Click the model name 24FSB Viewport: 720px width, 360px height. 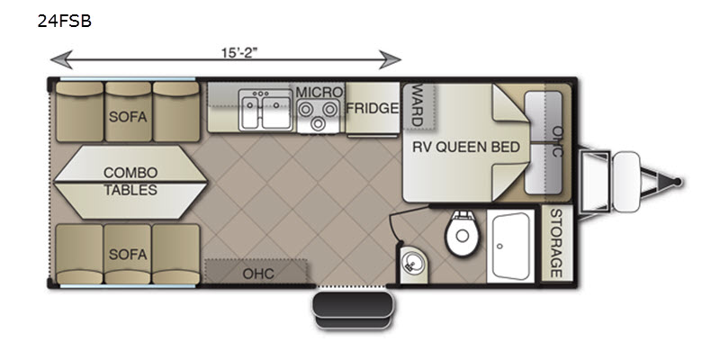click(64, 21)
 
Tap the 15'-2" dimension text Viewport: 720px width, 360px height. click(239, 53)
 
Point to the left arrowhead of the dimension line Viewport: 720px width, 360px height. click(61, 59)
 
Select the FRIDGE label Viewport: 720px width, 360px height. click(373, 108)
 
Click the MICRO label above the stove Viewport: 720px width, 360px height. click(319, 92)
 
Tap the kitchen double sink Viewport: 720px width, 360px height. click(265, 110)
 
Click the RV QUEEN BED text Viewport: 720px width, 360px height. click(466, 147)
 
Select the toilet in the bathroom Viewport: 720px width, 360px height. click(462, 233)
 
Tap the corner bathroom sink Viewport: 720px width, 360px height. click(411, 263)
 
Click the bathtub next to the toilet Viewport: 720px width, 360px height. click(510, 246)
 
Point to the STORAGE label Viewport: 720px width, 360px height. click(556, 243)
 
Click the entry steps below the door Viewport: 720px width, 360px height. click(353, 310)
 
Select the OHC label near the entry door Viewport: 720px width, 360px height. click(258, 274)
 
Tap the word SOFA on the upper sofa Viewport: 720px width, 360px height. click(128, 117)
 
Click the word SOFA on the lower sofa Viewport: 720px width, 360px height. click(128, 254)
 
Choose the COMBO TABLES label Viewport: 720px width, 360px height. click(130, 181)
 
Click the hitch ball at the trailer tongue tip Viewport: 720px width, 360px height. click(677, 183)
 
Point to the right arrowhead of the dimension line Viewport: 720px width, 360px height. click(390, 59)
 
